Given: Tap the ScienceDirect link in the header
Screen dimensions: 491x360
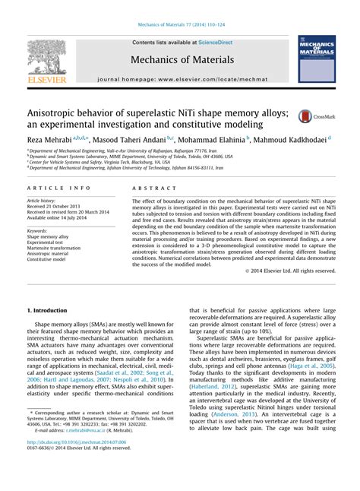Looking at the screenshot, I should [x=214, y=43].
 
